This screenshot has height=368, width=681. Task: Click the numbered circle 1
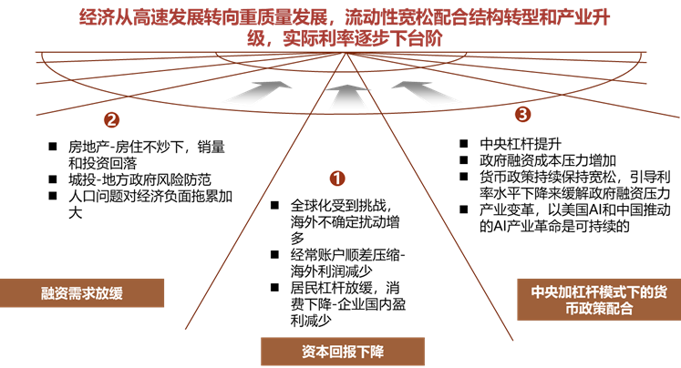337,179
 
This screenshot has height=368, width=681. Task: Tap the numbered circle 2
111,119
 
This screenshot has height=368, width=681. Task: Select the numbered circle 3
522,114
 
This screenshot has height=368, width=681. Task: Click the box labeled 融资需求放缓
82,293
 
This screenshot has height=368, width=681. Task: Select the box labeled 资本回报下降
343,352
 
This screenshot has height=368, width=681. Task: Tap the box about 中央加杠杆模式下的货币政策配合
598,300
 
